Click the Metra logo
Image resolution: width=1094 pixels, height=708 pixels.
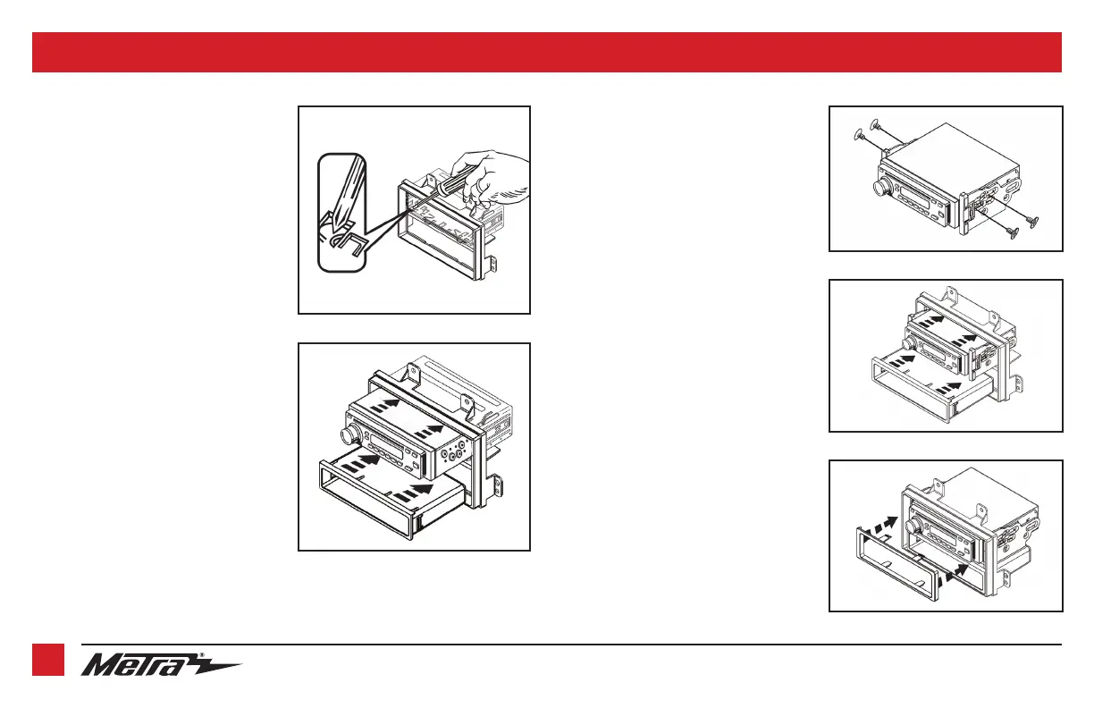coord(161,666)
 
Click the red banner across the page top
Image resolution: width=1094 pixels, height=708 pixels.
coord(546,52)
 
